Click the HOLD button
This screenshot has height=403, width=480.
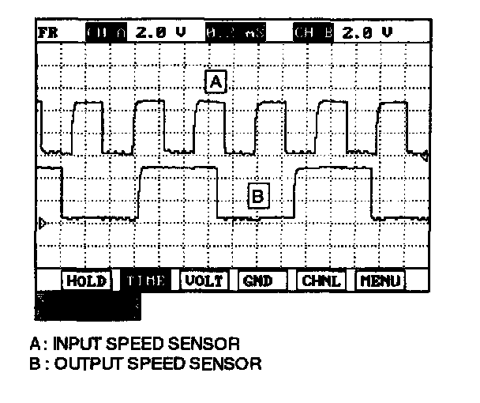tap(84, 280)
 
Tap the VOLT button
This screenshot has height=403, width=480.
tap(203, 280)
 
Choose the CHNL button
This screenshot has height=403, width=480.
tap(320, 280)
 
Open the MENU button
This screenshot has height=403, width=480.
tap(379, 280)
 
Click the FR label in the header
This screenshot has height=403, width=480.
tap(47, 33)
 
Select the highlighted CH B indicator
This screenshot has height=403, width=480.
tap(313, 33)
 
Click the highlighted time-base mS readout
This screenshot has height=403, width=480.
tap(235, 33)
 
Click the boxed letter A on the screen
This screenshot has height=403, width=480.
tap(216, 81)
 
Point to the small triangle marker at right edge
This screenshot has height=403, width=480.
tap(425, 156)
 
